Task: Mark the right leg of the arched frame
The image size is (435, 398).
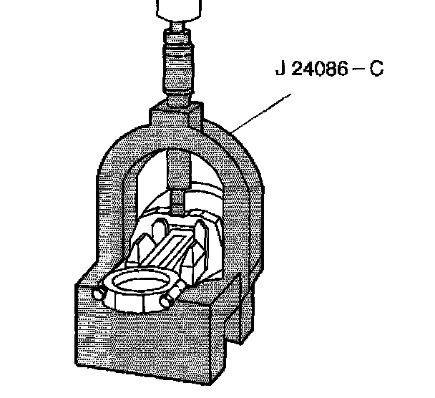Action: [x=247, y=215]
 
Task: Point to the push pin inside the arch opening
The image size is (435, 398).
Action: [x=176, y=179]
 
